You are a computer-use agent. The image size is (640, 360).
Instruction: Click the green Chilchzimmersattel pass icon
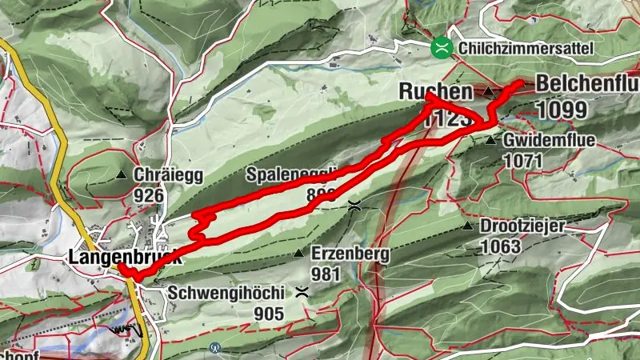click(x=440, y=48)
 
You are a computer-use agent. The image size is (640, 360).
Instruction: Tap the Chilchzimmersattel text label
click(x=527, y=49)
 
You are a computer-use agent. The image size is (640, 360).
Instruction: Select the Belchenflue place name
click(x=586, y=84)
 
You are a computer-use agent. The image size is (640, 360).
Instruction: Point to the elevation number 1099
click(x=562, y=110)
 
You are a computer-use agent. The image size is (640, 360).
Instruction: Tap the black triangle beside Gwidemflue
click(x=490, y=140)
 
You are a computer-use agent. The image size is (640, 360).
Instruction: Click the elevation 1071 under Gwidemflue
click(x=523, y=160)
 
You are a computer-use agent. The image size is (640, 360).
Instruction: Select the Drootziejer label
click(x=522, y=226)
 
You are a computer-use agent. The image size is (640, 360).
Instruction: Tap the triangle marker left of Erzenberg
click(x=298, y=254)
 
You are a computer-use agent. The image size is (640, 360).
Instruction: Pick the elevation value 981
click(x=327, y=274)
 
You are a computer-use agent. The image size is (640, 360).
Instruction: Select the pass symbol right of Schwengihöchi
click(x=301, y=291)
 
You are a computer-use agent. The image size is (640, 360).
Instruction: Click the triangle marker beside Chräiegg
click(x=122, y=174)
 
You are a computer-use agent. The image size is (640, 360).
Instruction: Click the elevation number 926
click(x=149, y=195)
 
